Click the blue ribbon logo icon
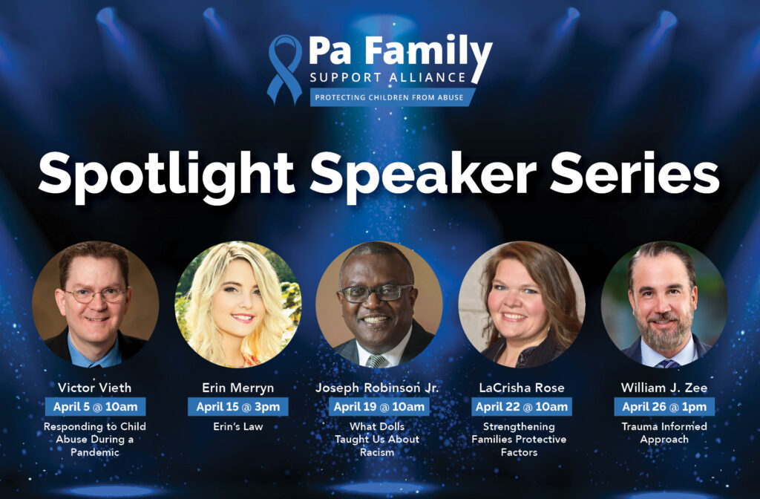pos(284,69)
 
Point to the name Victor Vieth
pos(94,388)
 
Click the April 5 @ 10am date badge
pos(96,407)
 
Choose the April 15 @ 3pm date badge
pos(238,407)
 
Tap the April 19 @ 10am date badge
pos(379,407)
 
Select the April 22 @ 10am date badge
pos(522,407)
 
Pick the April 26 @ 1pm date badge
pos(664,407)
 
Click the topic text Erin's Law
pos(238,427)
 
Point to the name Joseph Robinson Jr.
pos(377,388)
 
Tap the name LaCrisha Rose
pos(522,388)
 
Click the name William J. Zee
pos(664,388)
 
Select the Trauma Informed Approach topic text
pos(664,433)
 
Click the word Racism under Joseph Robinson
pos(377,452)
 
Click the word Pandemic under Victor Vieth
pos(95,452)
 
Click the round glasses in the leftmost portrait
pos(95,295)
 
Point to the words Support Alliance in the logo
pos(387,77)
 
